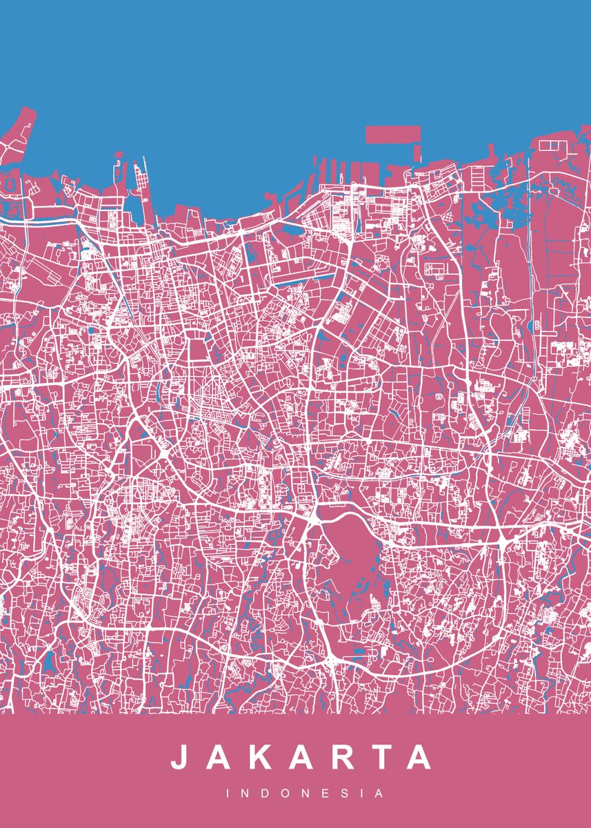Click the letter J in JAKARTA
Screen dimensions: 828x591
(179, 757)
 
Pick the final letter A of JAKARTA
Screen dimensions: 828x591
(418, 757)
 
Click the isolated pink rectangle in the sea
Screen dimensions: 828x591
(392, 134)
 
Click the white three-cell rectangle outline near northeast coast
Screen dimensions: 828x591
(551, 146)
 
